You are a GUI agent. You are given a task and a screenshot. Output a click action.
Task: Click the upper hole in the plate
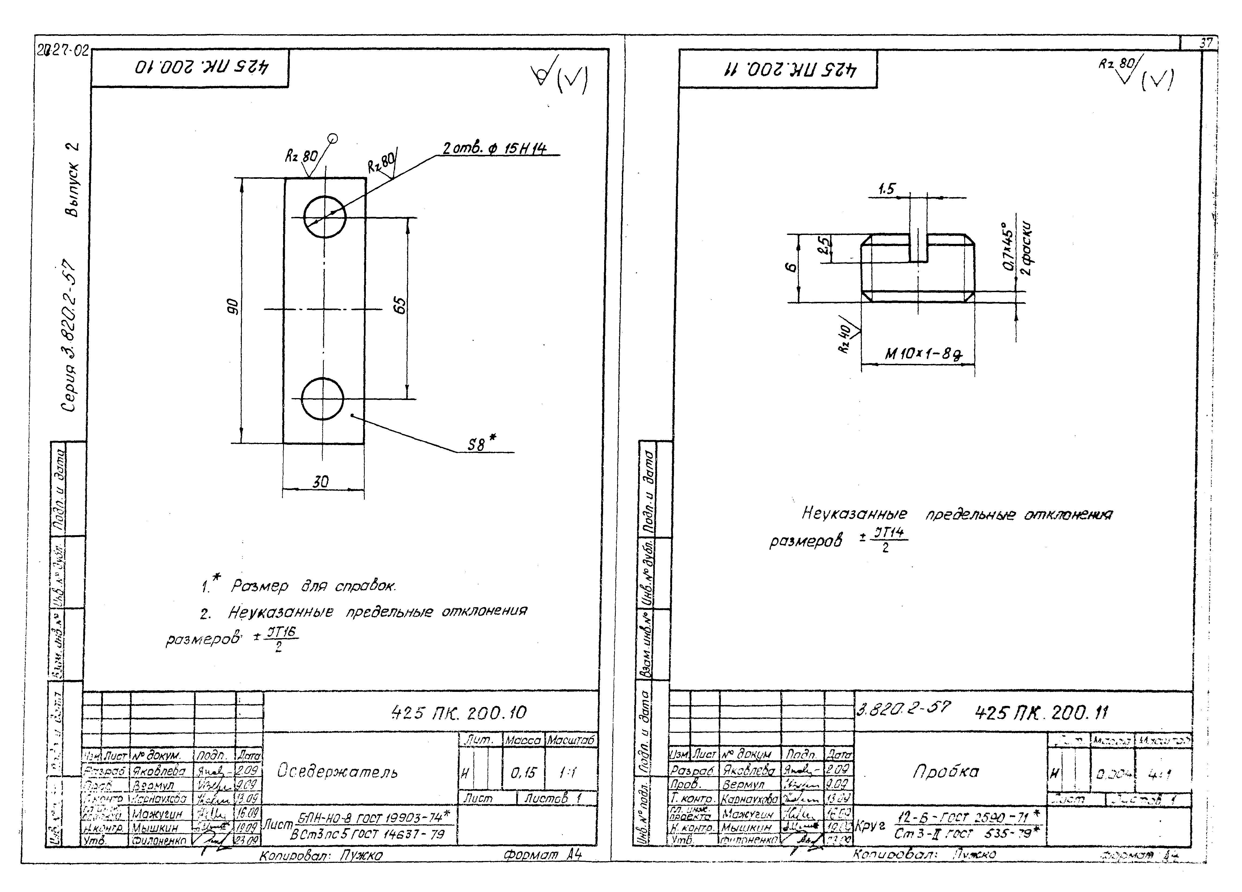(x=325, y=217)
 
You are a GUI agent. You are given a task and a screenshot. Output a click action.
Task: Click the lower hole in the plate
(x=322, y=398)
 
